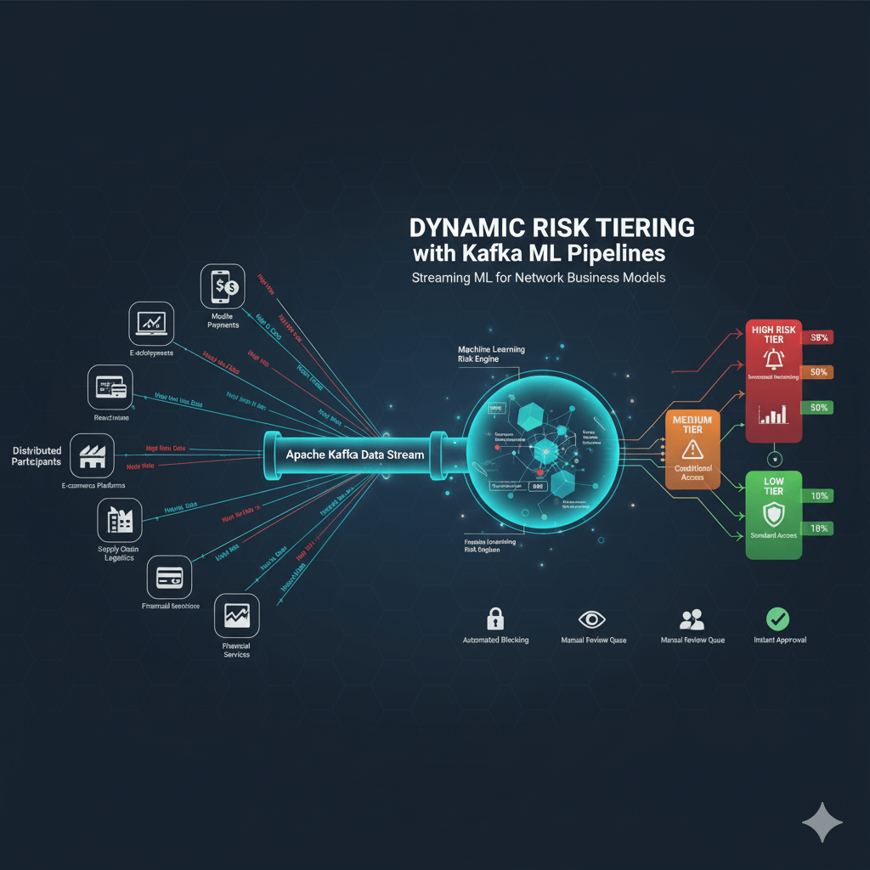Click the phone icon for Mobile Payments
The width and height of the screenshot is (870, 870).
tap(223, 286)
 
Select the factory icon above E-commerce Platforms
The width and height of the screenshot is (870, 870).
tap(92, 456)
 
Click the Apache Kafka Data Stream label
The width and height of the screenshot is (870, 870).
tap(354, 455)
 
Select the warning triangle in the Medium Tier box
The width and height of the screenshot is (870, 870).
tap(692, 449)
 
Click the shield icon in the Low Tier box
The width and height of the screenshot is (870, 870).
tap(773, 511)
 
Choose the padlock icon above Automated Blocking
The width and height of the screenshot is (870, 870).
tap(495, 618)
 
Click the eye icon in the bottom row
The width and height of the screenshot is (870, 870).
tap(593, 618)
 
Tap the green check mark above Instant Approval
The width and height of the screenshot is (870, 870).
tap(777, 618)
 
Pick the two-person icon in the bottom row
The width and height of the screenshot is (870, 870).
tap(692, 618)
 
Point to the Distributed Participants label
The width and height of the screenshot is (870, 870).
tap(37, 456)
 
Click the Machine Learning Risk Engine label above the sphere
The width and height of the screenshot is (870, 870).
tap(491, 354)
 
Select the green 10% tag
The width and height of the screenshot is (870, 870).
tap(820, 495)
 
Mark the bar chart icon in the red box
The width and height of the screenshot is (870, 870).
tap(772, 415)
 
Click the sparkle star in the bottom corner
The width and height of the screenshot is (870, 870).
tap(822, 822)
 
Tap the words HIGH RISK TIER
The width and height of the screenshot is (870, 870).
tap(774, 333)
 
